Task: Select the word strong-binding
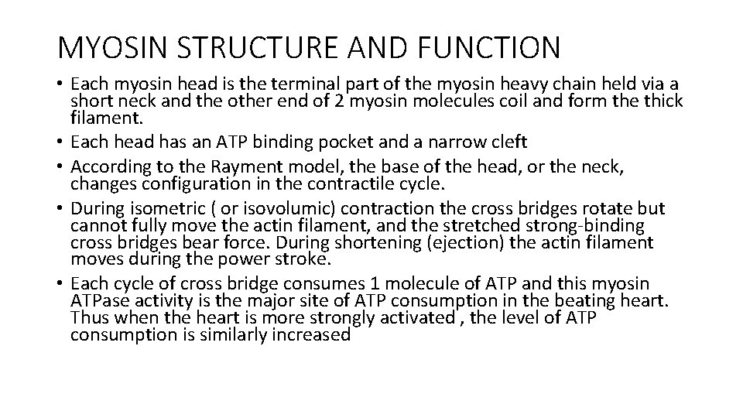pos(587,226)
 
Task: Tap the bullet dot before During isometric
pos(61,210)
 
